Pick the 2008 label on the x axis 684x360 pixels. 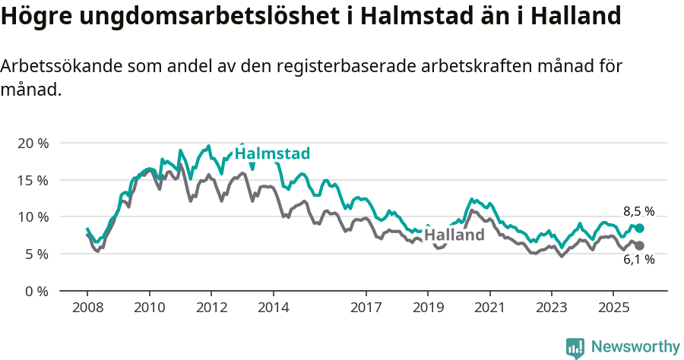click(x=87, y=309)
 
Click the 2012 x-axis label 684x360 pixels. click(x=211, y=309)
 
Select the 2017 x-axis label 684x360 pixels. click(x=366, y=309)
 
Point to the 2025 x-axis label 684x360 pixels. click(x=613, y=309)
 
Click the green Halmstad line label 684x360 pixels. click(x=272, y=154)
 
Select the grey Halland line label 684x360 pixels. click(x=454, y=235)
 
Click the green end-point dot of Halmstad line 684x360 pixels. click(x=640, y=228)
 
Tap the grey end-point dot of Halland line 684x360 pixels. click(x=640, y=245)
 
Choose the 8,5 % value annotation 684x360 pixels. click(x=638, y=212)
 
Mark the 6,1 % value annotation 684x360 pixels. click(x=638, y=260)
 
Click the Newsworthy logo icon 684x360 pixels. click(x=575, y=348)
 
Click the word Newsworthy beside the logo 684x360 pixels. click(x=635, y=347)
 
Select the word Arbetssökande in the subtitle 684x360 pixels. click(x=56, y=67)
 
